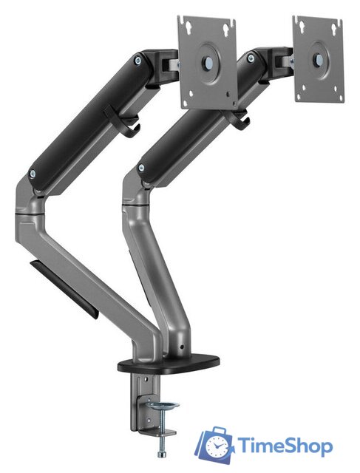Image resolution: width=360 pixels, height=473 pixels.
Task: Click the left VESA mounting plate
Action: coord(207,62)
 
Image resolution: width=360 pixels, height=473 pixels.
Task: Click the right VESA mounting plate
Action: coord(319,59)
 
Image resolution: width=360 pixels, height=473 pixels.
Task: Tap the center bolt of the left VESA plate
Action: coord(208,62)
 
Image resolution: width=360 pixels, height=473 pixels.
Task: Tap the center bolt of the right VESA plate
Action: coord(319,59)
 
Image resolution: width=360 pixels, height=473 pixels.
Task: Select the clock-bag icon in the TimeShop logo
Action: coord(214,444)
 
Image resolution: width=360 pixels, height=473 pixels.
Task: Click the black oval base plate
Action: coord(169,363)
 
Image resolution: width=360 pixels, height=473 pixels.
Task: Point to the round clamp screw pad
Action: coord(164,406)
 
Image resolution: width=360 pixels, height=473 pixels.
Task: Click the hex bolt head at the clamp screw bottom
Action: coord(162,455)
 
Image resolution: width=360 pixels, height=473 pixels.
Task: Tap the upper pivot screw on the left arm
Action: coord(138,61)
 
